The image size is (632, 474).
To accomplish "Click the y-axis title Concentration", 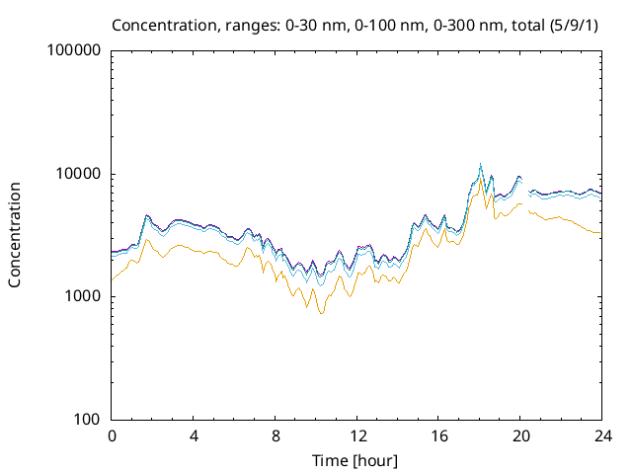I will point(15,234).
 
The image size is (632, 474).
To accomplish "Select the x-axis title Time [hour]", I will point(356,460).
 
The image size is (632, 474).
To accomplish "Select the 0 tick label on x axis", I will point(112,435).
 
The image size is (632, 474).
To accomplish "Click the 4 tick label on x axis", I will point(194,435).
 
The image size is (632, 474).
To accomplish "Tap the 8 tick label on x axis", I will point(276,435).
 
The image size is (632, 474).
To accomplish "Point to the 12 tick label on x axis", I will point(356,435).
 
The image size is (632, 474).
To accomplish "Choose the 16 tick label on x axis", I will point(438,435).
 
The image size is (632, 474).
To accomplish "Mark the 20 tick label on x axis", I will point(520,435).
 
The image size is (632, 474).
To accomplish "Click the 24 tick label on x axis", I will point(602,435).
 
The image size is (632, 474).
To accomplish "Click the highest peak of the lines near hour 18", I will point(481,164).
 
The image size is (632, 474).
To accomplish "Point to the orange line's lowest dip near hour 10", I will point(321,313).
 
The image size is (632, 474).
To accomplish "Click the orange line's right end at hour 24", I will point(601,233).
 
